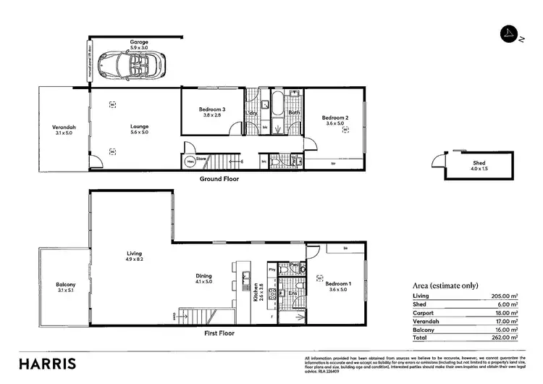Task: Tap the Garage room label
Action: point(139,42)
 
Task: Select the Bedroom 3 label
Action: point(213,109)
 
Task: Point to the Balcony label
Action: point(64,285)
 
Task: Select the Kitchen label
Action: point(256,293)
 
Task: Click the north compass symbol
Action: point(510,34)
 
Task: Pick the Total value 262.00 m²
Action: point(505,337)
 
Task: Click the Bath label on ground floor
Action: point(294,112)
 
